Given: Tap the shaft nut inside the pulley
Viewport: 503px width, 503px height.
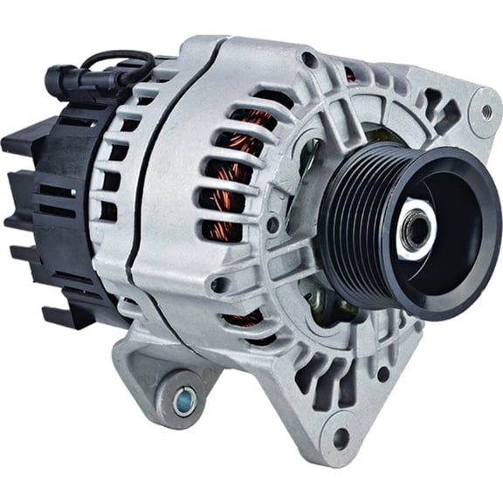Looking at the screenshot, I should click(x=417, y=229).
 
